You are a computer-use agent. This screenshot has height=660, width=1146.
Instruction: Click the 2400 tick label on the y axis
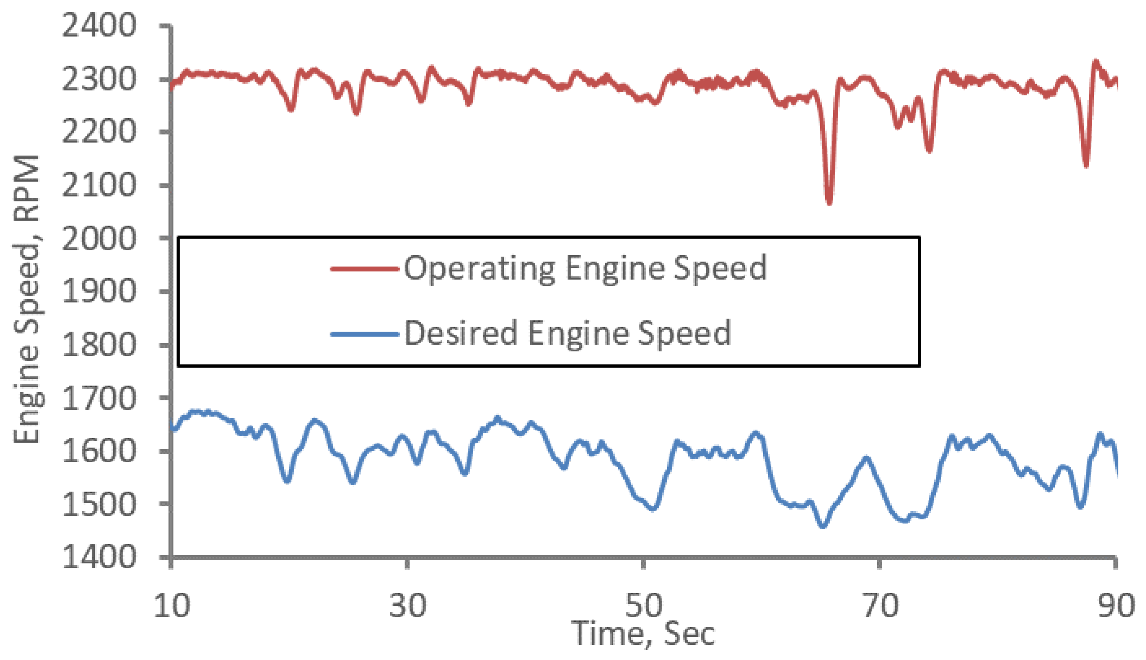98,26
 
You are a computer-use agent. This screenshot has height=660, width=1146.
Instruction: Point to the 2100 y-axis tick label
98,185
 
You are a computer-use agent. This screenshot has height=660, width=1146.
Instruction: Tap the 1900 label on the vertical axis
98,291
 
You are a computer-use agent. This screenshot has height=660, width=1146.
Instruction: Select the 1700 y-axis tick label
98,398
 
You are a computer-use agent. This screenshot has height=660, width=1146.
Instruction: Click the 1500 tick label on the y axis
98,505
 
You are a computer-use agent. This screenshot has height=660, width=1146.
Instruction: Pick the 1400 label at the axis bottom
98,557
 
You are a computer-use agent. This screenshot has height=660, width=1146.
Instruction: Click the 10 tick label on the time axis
171,606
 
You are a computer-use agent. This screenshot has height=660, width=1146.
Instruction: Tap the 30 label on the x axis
408,606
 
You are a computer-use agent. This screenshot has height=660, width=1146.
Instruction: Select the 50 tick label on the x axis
643,606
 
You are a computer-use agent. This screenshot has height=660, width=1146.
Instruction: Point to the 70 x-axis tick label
880,606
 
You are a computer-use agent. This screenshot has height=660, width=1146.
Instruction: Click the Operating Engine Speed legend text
585,268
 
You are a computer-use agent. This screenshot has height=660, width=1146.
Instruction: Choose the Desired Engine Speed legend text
567,333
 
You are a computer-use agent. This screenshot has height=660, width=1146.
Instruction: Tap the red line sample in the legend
364,269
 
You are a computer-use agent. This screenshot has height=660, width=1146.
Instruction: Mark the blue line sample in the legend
364,335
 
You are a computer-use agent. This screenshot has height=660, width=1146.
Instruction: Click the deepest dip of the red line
829,203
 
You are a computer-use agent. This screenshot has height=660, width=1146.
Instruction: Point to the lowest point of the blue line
823,526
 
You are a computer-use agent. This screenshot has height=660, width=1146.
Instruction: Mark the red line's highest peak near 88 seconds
1096,62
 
